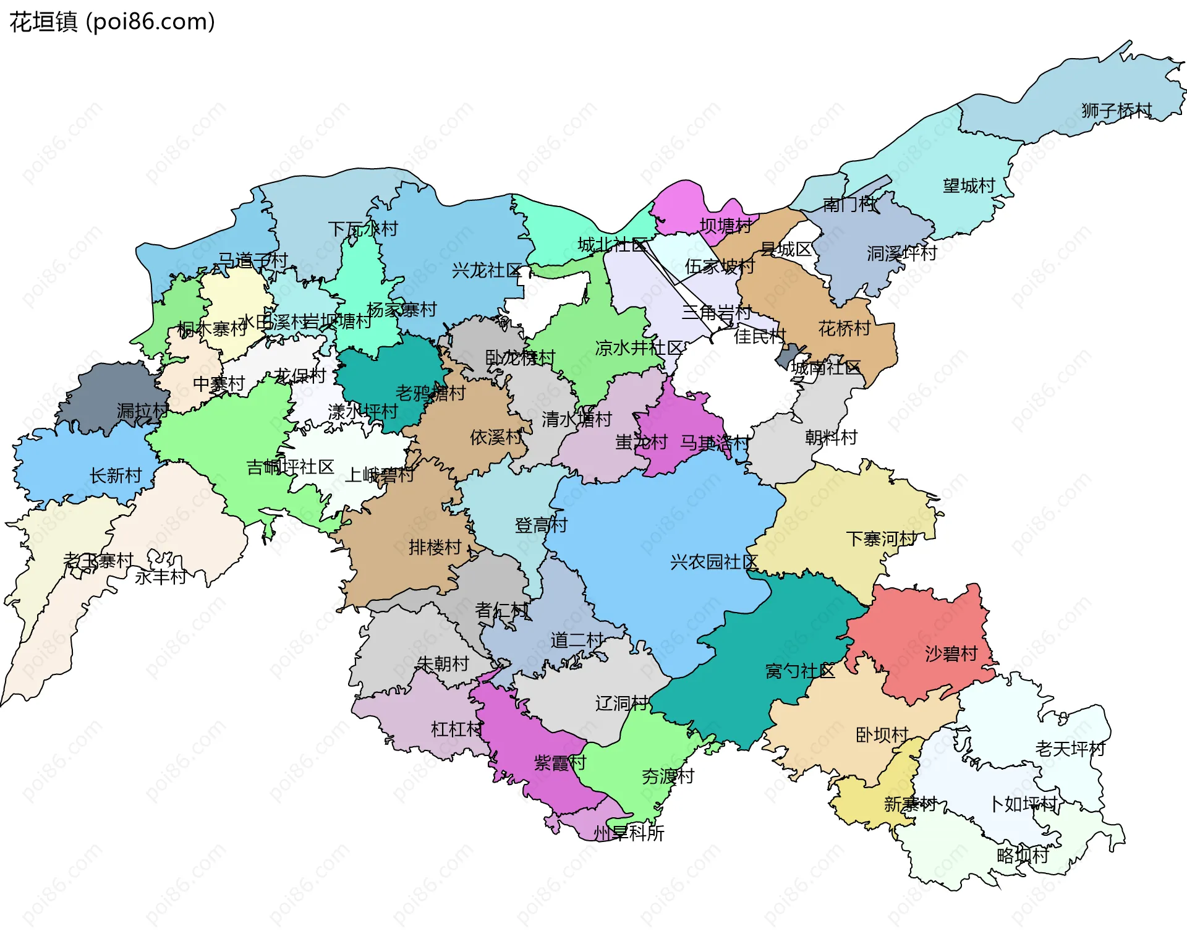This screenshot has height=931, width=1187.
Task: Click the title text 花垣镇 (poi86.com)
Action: coord(113,22)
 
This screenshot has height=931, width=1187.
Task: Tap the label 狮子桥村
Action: coord(1117,111)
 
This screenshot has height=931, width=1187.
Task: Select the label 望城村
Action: coord(969,185)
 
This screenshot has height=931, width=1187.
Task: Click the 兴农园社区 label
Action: coord(713,562)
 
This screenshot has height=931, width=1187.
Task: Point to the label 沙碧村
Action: coord(951,653)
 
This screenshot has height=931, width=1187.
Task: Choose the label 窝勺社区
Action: coord(799,671)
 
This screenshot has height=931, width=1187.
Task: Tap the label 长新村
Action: coord(116,475)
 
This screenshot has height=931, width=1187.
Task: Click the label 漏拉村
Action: coord(142,411)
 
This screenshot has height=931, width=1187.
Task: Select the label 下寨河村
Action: coord(881,538)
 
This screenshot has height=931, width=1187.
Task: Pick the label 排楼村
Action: coord(435,547)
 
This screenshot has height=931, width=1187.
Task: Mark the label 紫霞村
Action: coord(559,762)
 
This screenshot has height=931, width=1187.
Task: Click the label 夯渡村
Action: coord(668,776)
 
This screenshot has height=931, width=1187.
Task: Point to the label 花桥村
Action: coord(844,328)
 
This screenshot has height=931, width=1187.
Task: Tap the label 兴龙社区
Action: coord(487,270)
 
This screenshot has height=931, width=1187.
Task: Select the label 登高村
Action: coord(541,525)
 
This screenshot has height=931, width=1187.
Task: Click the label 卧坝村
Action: coord(882,734)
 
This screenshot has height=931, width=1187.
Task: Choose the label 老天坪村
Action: coord(1070,749)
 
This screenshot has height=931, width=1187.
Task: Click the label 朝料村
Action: coord(831,437)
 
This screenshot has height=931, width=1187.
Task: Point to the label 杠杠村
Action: coord(456,729)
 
